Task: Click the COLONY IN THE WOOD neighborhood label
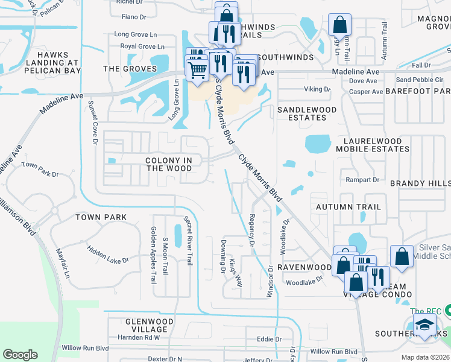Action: click(169, 165)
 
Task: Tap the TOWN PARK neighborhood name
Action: click(101, 217)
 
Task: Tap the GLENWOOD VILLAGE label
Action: click(147, 326)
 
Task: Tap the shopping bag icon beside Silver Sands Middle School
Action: click(402, 256)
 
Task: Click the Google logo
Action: click(20, 355)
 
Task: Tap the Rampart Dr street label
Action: click(362, 180)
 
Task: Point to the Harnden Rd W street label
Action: click(139, 337)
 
